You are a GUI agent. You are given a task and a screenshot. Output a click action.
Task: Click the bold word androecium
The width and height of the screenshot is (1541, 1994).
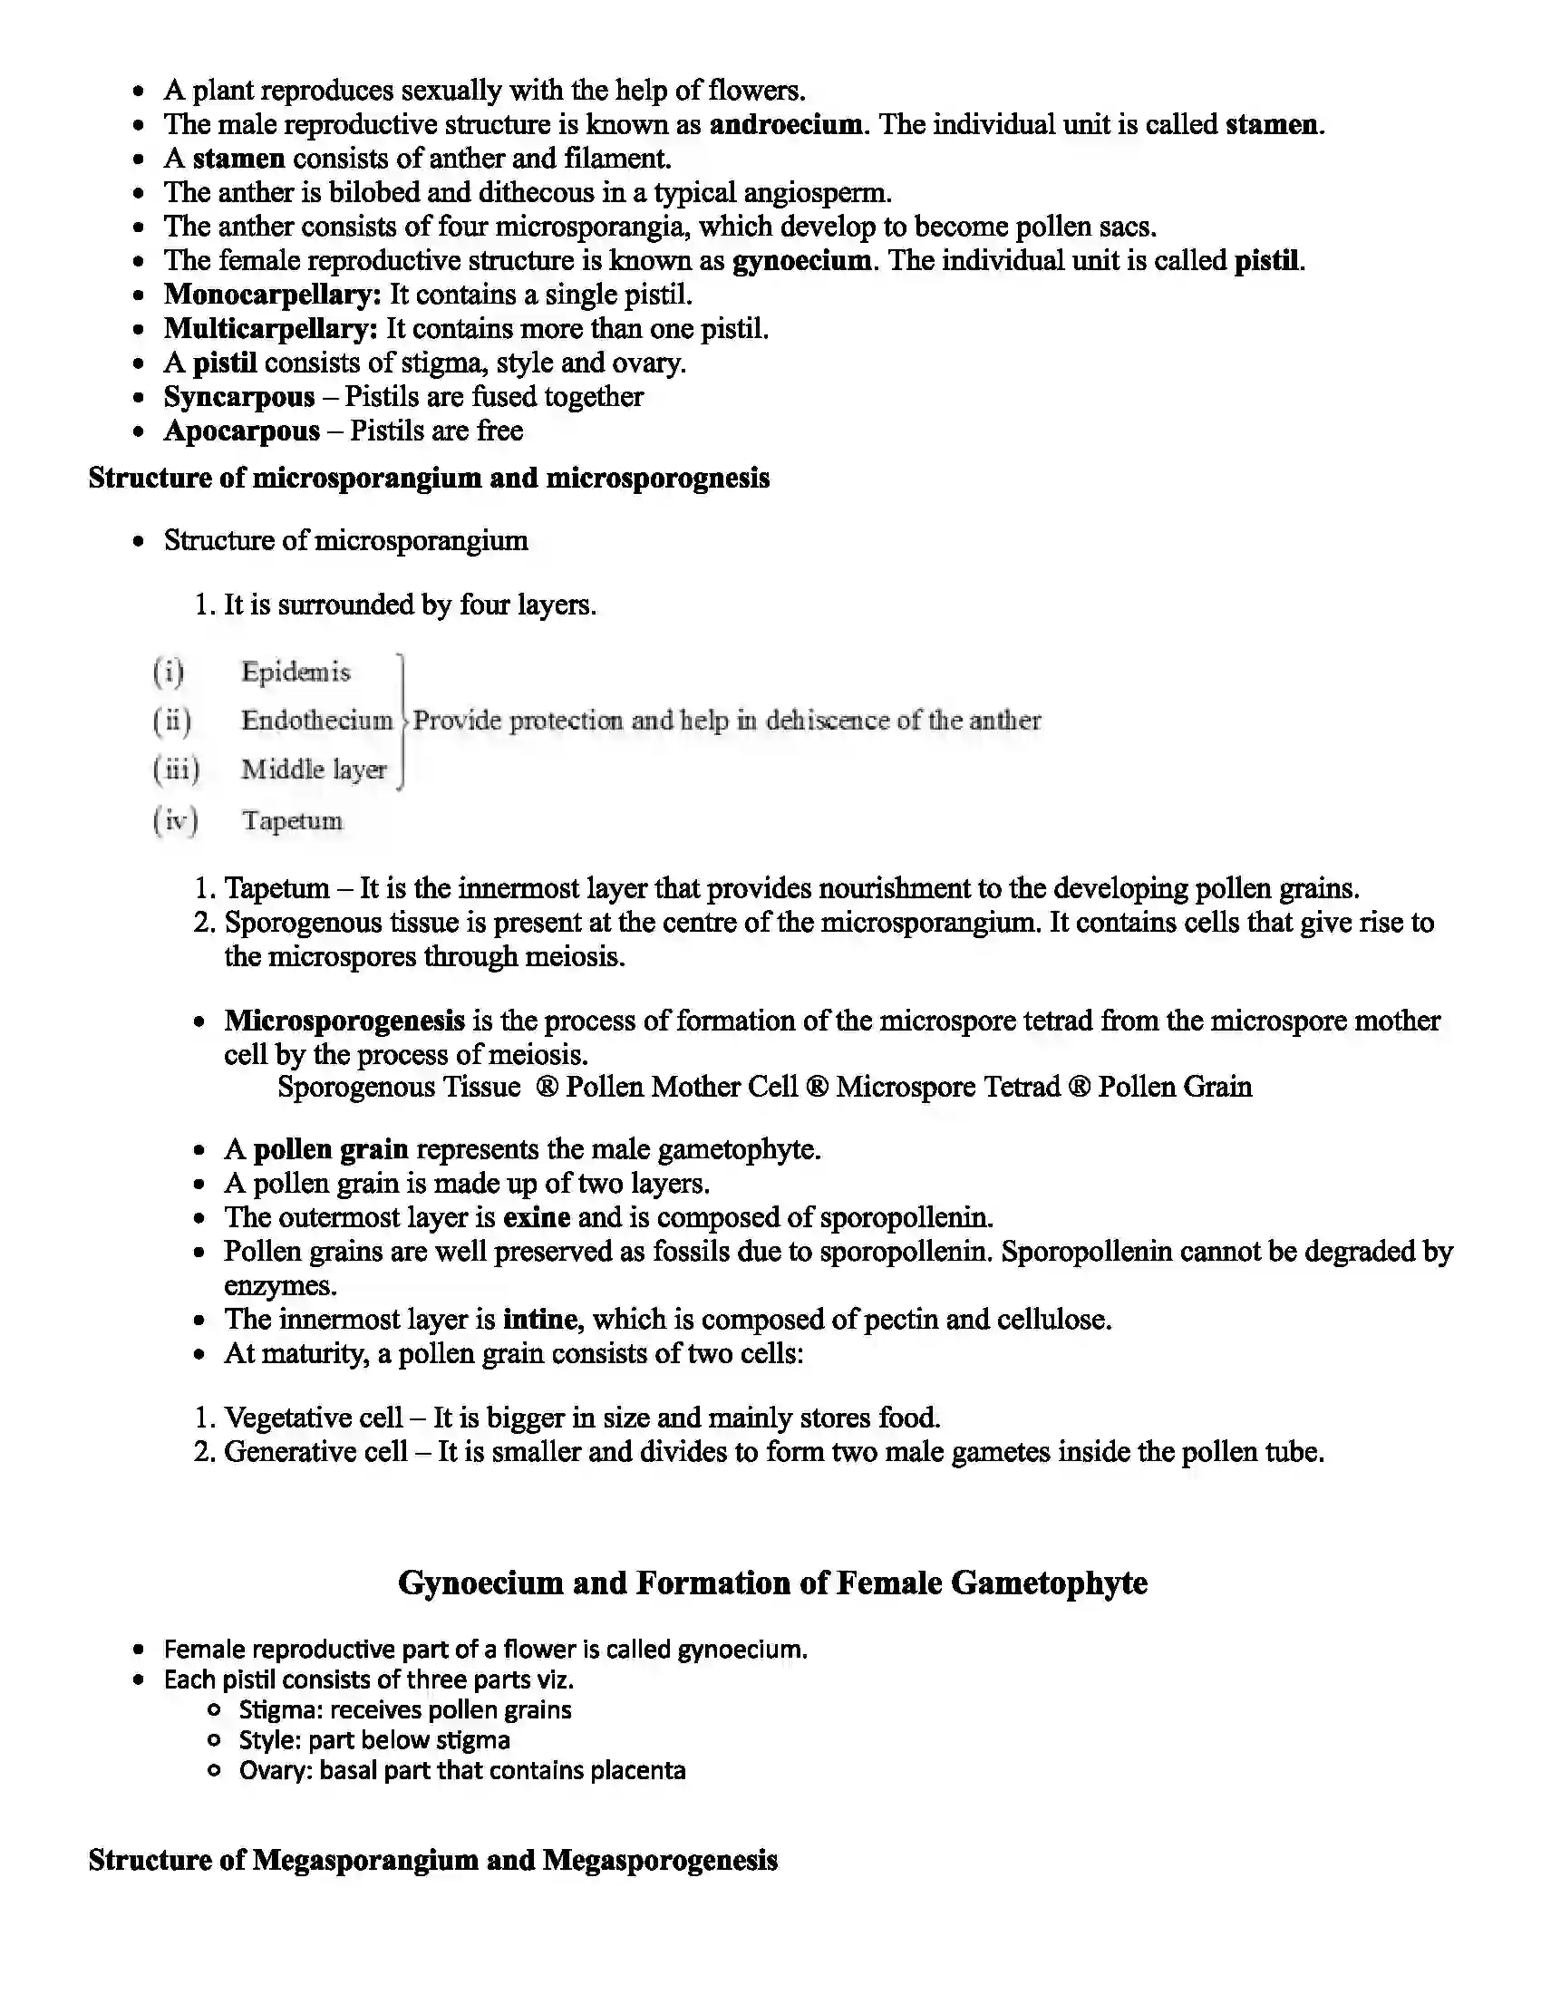[785, 124]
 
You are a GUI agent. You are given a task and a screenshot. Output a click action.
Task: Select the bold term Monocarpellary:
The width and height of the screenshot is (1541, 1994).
[272, 295]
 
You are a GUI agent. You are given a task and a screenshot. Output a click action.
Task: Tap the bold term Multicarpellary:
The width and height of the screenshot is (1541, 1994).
[270, 329]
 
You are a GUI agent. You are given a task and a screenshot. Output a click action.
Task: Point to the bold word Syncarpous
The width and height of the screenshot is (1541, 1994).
[239, 397]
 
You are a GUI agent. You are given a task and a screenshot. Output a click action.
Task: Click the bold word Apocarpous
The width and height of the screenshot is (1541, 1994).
[242, 431]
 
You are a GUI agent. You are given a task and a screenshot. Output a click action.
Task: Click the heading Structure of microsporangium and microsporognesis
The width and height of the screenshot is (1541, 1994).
[428, 478]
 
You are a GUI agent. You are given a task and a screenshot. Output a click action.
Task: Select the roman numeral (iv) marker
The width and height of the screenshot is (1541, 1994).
[175, 820]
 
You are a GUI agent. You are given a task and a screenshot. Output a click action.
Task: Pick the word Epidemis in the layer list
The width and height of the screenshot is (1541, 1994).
[295, 672]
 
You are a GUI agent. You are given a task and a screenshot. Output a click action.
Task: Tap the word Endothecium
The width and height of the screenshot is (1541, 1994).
[315, 721]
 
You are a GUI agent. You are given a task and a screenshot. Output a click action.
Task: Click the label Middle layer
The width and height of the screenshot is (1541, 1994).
[313, 770]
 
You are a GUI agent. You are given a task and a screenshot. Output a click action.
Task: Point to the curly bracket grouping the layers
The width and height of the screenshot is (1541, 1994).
[402, 721]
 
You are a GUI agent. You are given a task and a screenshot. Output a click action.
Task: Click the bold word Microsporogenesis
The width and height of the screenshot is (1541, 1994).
[344, 1020]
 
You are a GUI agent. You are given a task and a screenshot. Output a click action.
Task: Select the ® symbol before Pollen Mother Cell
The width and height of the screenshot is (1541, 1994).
[546, 1087]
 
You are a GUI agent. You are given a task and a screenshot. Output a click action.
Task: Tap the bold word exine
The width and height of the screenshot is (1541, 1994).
[537, 1217]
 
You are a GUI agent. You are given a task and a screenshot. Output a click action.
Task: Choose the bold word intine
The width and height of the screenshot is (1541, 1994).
[539, 1320]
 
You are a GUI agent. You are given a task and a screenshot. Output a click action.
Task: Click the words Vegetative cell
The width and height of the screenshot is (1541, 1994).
[313, 1417]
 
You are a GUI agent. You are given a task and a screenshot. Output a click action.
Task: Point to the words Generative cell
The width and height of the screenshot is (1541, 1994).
[315, 1451]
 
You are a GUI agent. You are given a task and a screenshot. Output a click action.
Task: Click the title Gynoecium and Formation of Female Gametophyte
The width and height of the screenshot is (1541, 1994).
[772, 1583]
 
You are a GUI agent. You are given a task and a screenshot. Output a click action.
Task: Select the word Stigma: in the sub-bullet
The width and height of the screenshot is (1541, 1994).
[280, 1710]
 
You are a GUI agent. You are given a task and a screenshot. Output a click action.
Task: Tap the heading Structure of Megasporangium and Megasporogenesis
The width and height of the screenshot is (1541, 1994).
[432, 1860]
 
